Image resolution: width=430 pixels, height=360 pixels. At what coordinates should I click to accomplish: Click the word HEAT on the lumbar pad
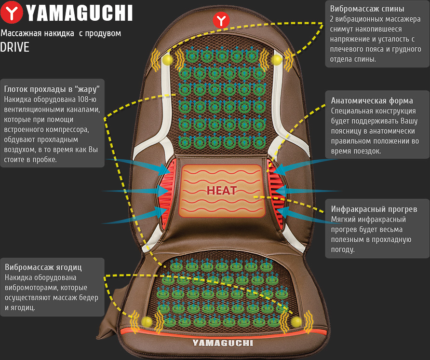coord(221,190)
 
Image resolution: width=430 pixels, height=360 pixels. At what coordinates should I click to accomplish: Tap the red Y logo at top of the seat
coord(221,20)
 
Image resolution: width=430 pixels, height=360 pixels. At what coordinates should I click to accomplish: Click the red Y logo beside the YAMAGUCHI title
coord(12,13)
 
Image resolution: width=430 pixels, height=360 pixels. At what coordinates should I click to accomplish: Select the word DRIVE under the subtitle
coord(14,47)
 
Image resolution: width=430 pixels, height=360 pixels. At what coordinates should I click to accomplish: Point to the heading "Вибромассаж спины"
coord(367,9)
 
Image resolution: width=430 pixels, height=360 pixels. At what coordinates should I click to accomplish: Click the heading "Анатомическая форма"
coord(372,101)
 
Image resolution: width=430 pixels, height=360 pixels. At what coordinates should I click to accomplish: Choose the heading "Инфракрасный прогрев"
coord(374,209)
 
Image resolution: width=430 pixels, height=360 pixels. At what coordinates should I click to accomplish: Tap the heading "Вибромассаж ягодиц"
coord(43,267)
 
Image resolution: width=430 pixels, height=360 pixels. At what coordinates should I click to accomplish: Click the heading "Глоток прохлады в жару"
coord(52,89)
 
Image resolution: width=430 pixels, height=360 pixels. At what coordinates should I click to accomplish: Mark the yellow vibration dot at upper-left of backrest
coord(167,59)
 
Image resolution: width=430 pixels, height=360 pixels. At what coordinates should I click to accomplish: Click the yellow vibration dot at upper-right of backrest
coord(277,59)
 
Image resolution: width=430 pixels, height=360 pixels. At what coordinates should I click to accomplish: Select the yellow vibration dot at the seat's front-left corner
coord(147,321)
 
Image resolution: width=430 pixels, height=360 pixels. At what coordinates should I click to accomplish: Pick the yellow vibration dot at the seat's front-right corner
coord(296,321)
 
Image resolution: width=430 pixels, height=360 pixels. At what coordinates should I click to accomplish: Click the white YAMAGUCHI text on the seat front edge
coord(223,343)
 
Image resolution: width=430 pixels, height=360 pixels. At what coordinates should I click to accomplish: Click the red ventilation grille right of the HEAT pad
coord(276,192)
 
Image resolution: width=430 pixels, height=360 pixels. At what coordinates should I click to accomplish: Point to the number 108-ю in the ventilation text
coord(87,99)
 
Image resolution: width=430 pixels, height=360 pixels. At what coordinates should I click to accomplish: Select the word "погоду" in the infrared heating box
coord(343,250)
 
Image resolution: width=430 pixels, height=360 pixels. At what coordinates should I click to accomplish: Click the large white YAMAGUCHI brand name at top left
coord(80,13)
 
